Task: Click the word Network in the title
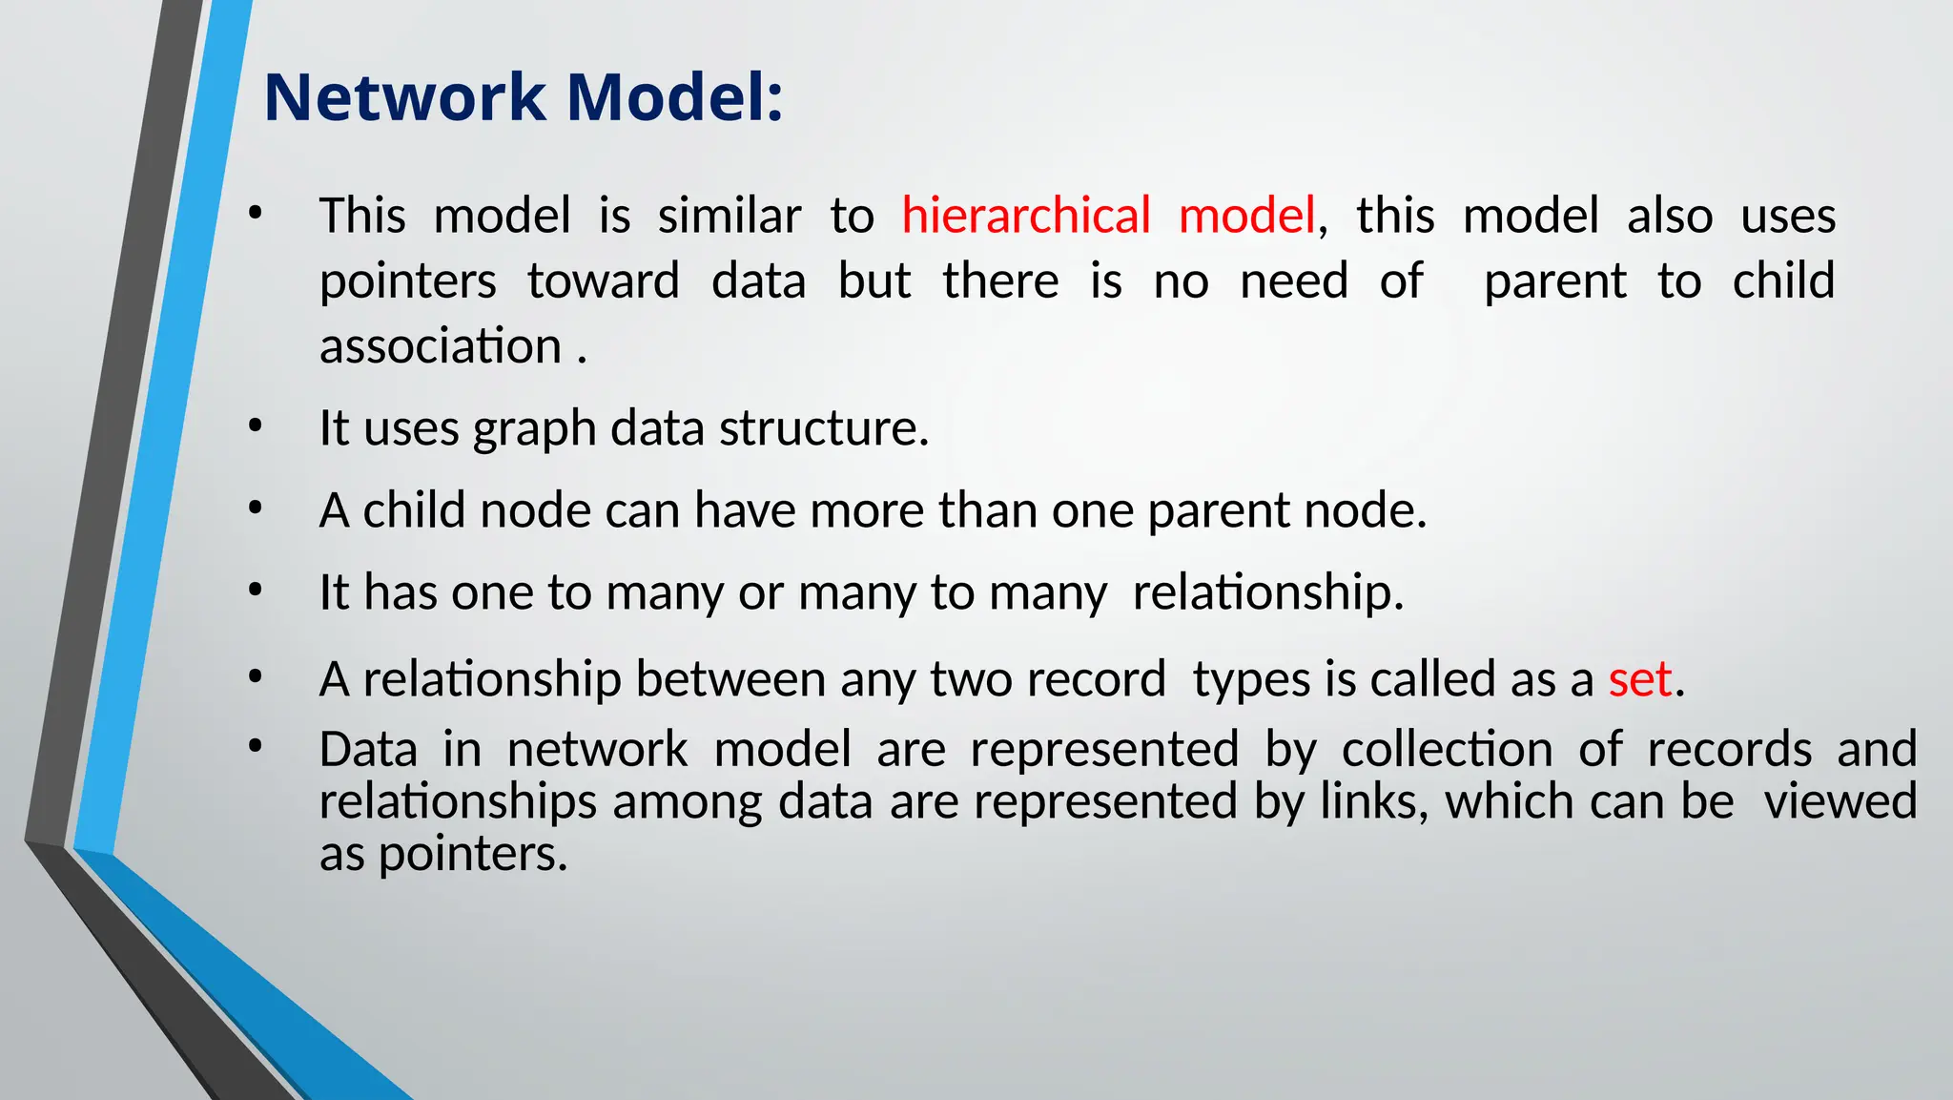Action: pos(404,98)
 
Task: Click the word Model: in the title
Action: pos(674,98)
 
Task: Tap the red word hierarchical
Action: pos(1026,216)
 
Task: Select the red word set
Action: pos(1639,680)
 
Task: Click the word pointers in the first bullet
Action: pos(408,282)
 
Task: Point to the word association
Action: pos(441,346)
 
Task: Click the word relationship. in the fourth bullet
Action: pos(1267,592)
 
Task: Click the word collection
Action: pos(1447,750)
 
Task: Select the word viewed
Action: pos(1840,801)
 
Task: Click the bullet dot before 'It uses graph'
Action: pos(254,427)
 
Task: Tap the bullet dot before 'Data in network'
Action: pos(254,748)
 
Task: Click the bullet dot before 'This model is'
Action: pos(254,215)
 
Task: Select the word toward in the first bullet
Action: pos(603,282)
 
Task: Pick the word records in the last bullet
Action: pos(1729,750)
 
